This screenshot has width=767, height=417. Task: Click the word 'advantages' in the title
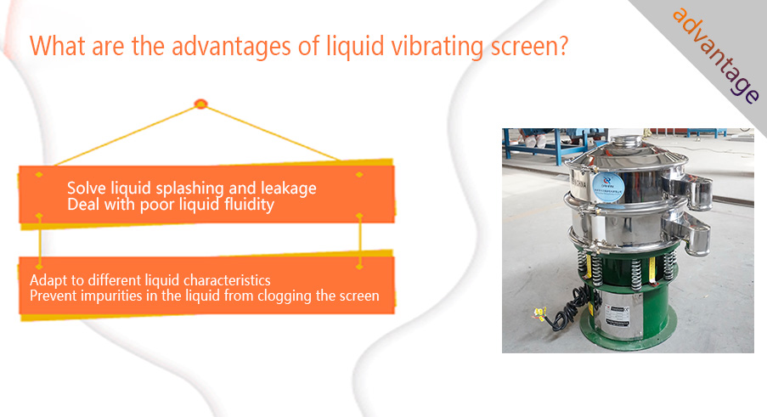click(232, 48)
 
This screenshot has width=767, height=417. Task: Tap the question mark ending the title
click(562, 46)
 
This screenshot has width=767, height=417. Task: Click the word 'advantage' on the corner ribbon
click(716, 55)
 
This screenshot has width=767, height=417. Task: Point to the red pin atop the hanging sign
click(200, 104)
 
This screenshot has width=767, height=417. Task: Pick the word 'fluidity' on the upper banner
click(249, 205)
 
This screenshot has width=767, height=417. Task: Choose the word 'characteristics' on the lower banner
click(227, 280)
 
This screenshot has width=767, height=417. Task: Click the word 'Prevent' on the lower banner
click(54, 296)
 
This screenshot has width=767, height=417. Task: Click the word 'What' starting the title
click(57, 46)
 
